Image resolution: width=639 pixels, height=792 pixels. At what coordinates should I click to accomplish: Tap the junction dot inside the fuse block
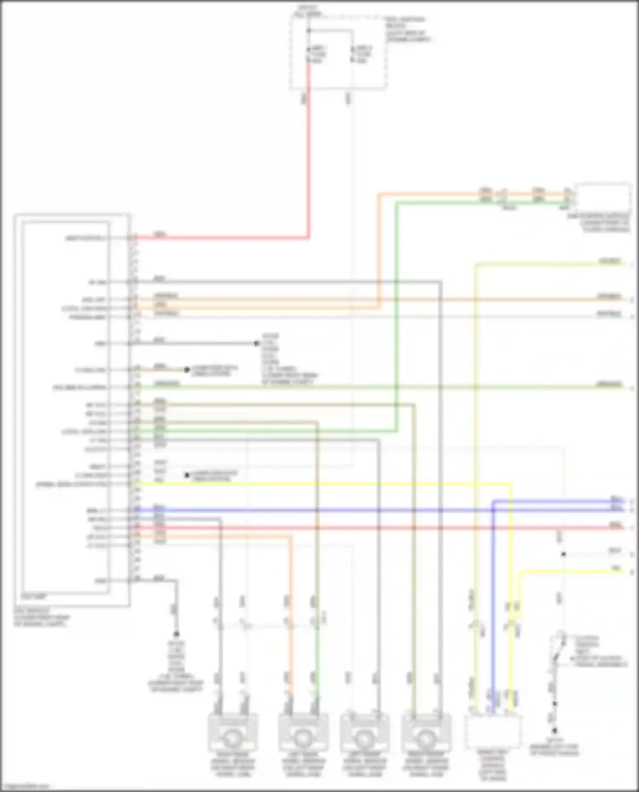(x=309, y=31)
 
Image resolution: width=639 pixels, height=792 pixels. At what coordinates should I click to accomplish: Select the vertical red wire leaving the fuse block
(x=309, y=162)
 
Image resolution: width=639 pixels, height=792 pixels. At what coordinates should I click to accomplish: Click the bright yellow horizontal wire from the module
(x=324, y=484)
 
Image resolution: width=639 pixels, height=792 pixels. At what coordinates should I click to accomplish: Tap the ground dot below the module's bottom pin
(x=176, y=635)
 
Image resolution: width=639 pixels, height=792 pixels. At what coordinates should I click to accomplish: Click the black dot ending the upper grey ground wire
(x=256, y=343)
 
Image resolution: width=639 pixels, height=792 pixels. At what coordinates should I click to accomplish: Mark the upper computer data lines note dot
(x=187, y=370)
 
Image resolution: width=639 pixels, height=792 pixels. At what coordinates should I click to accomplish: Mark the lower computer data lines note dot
(x=187, y=475)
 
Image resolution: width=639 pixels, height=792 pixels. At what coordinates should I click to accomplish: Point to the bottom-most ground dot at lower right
(x=555, y=731)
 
